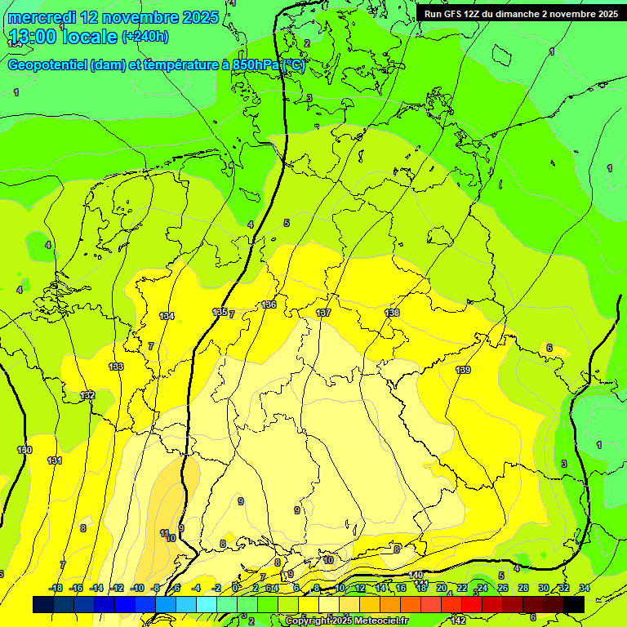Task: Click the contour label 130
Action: pyautogui.click(x=24, y=450)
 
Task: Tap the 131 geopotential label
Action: pyautogui.click(x=55, y=460)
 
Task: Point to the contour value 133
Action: pyautogui.click(x=117, y=367)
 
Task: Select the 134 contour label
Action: pyautogui.click(x=167, y=316)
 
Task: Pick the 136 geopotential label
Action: pyautogui.click(x=269, y=305)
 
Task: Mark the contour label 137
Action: pyautogui.click(x=323, y=313)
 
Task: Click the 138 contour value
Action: pyautogui.click(x=392, y=313)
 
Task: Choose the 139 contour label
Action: pyautogui.click(x=463, y=370)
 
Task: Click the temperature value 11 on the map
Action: pyautogui.click(x=164, y=532)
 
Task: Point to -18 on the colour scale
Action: pyautogui.click(x=56, y=588)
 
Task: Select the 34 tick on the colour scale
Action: pyautogui.click(x=585, y=588)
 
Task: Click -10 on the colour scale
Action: pyautogui.click(x=137, y=588)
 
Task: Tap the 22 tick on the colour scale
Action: pyautogui.click(x=462, y=588)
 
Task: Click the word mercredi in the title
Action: pyautogui.click(x=45, y=17)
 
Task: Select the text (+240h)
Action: pyautogui.click(x=145, y=37)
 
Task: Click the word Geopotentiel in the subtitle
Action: pyautogui.click(x=47, y=65)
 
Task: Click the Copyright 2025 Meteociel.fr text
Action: pyautogui.click(x=346, y=620)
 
